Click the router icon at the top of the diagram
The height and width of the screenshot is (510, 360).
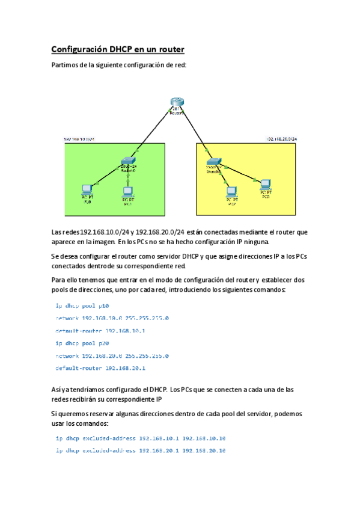pos(176,103)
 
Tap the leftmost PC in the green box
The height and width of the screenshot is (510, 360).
pos(87,188)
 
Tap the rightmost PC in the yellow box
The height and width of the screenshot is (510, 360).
pos(264,185)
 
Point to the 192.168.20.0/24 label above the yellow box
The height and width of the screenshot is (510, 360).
pos(281,139)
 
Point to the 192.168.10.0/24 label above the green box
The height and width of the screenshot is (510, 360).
pos(79,140)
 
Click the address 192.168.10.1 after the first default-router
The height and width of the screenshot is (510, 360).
pos(125,331)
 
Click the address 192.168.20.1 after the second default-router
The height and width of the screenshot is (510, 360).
pos(125,368)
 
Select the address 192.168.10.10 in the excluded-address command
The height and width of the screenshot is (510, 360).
pos(204,438)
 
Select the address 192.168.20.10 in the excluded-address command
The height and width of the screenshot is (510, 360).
pos(204,450)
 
